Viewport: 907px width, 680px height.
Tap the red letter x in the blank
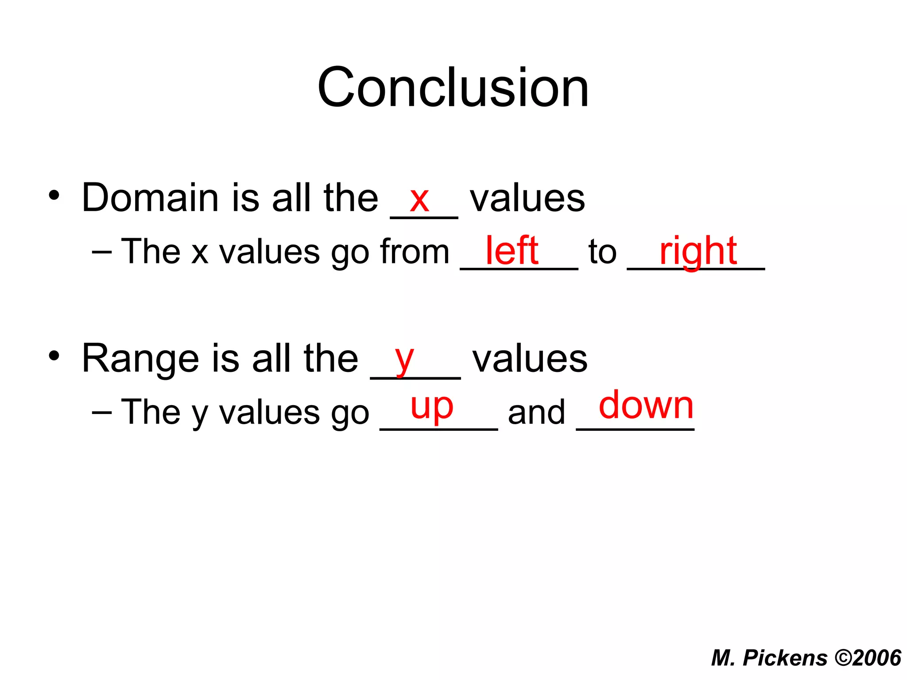[419, 200]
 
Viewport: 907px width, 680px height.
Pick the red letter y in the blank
[404, 359]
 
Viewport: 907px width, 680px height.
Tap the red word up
[432, 406]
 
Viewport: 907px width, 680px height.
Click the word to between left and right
[602, 252]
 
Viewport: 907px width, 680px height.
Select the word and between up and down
[536, 412]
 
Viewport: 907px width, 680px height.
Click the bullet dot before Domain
[54, 195]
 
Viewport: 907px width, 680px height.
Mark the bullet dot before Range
[54, 356]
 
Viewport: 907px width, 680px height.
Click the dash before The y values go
[102, 412]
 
